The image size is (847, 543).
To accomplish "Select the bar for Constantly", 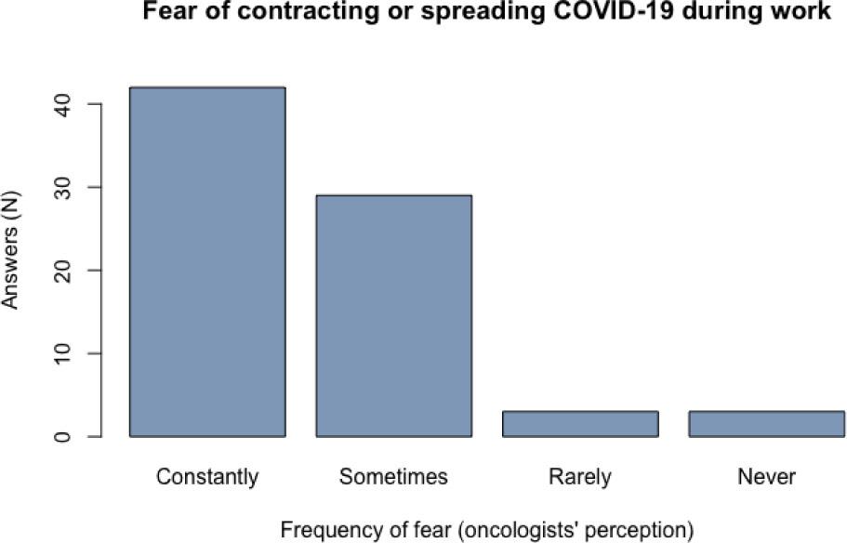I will click(207, 261).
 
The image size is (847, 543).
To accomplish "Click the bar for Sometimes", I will click(393, 315).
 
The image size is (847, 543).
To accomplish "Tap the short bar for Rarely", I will click(580, 423).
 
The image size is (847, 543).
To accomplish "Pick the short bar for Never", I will click(766, 423).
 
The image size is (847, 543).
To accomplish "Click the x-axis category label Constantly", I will click(207, 478).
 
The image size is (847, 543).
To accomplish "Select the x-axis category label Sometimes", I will click(393, 478).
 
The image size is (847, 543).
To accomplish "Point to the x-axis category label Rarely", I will click(580, 478).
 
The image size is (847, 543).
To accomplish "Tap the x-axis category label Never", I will click(766, 478).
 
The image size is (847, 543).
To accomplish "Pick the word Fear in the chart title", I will click(161, 15).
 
